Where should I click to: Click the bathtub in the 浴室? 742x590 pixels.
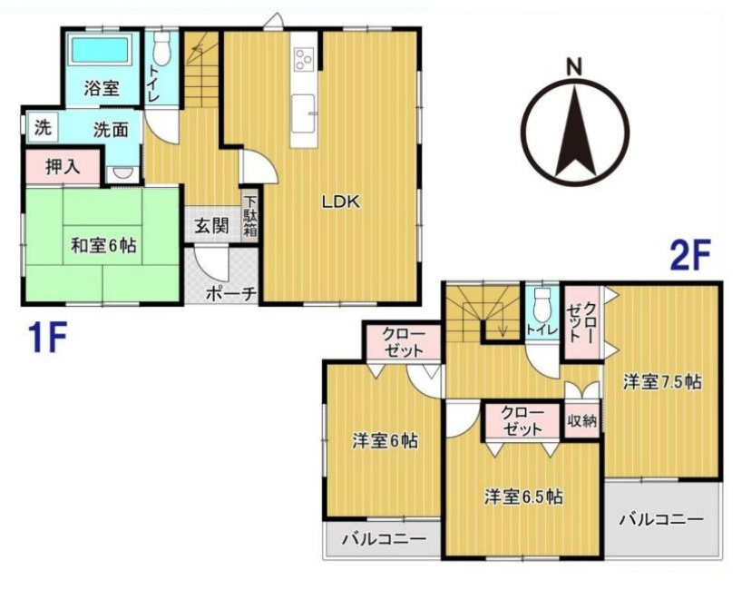(x=101, y=50)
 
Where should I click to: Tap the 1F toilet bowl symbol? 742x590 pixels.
(x=161, y=48)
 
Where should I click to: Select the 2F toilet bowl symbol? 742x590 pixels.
(x=541, y=304)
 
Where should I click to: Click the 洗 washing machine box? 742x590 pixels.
(x=42, y=126)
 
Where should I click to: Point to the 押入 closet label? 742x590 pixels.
(x=63, y=167)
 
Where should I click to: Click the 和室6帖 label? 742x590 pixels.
(x=103, y=245)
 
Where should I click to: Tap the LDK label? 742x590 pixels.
(x=341, y=202)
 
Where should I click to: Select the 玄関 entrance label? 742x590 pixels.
(x=211, y=225)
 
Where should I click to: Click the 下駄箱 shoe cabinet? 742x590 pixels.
(x=250, y=216)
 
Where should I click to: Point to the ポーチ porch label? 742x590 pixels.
(x=230, y=293)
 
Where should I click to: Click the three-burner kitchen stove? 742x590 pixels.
(x=303, y=59)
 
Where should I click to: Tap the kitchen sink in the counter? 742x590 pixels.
(x=303, y=113)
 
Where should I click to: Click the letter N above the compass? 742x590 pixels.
(x=574, y=67)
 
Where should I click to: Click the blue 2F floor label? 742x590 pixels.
(x=690, y=255)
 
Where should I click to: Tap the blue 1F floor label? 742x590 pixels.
(x=47, y=337)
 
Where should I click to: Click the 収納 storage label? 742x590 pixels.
(x=582, y=420)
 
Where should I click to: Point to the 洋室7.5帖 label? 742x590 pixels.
(x=662, y=381)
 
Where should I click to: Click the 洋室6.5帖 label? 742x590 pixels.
(x=523, y=497)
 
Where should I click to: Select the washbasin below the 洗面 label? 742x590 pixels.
(x=123, y=173)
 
